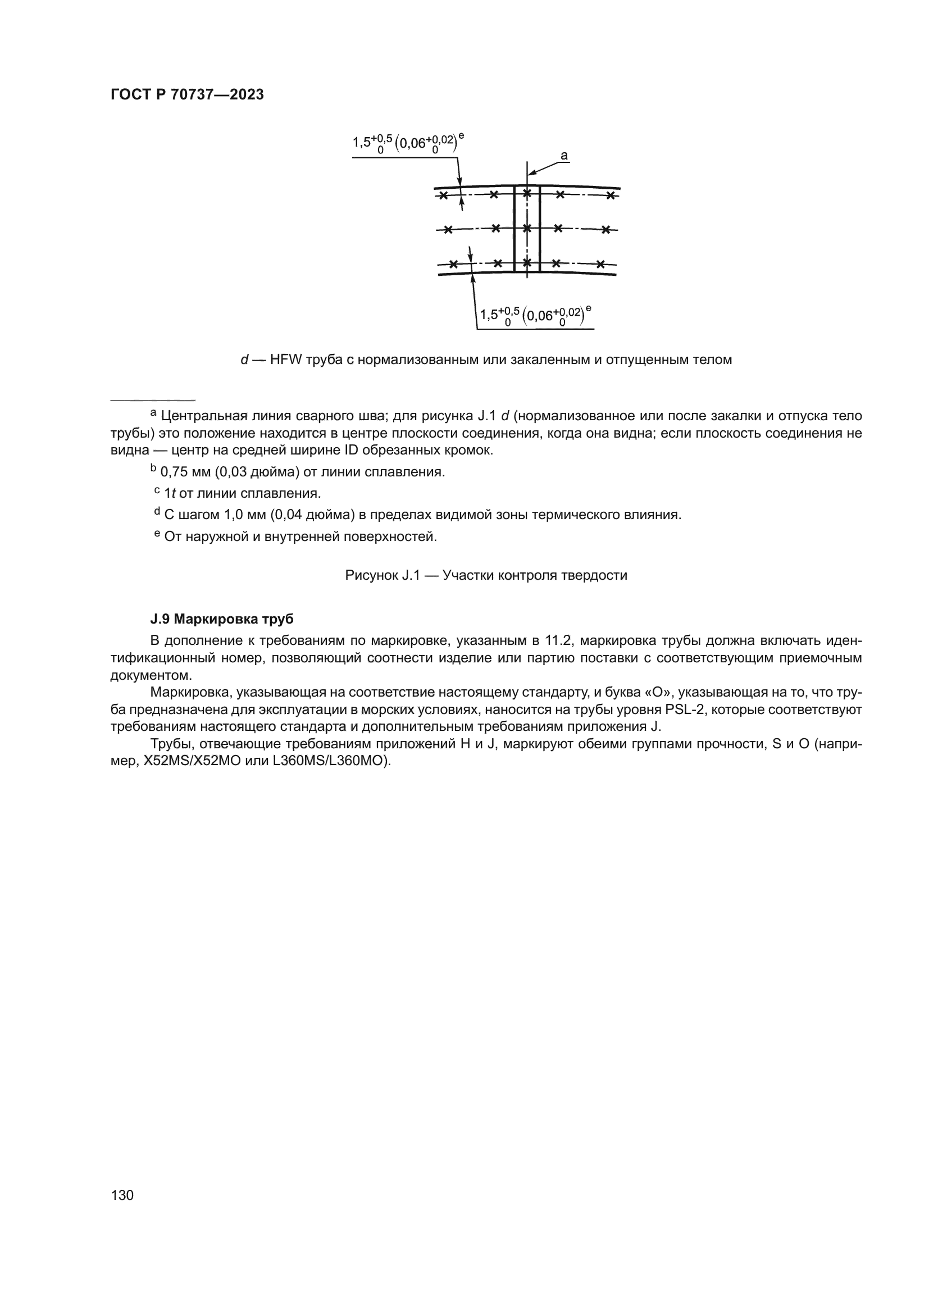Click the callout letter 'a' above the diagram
click(563, 155)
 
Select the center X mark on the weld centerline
click(527, 229)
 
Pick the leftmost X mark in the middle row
click(448, 230)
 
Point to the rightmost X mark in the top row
click(611, 195)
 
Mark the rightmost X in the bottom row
click(600, 265)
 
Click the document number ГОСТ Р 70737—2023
click(187, 95)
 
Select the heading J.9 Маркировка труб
click(222, 619)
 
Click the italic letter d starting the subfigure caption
click(244, 360)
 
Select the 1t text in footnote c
click(170, 493)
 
